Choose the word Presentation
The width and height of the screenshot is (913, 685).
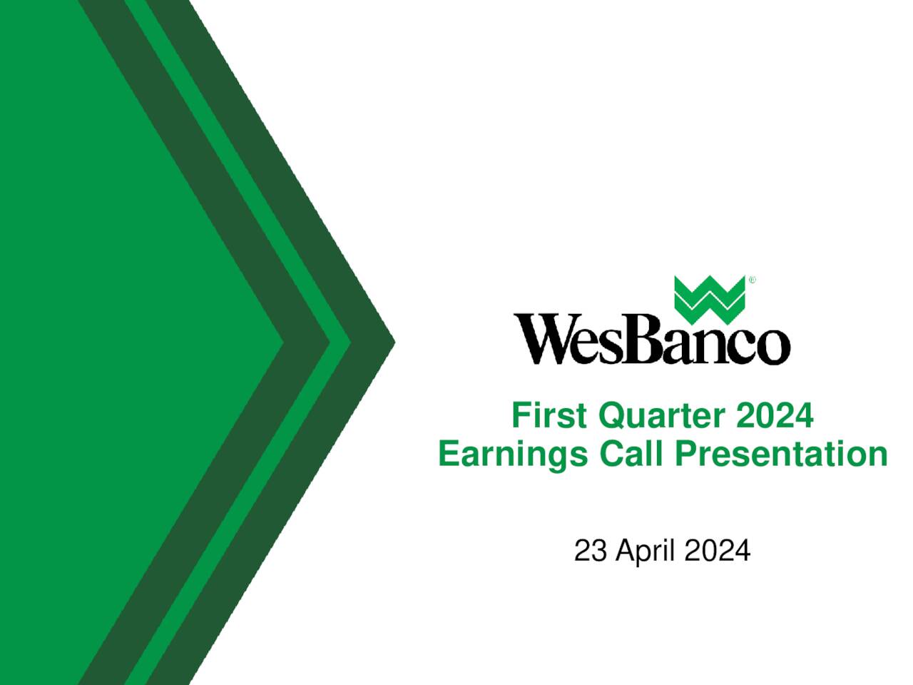point(781,454)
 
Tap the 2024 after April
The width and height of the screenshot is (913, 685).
point(717,552)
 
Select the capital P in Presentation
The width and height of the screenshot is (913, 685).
point(685,454)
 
